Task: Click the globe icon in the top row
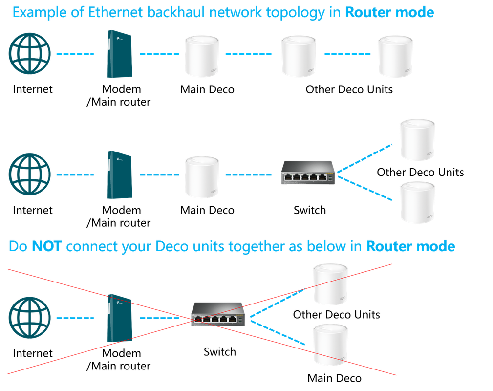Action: pyautogui.click(x=29, y=54)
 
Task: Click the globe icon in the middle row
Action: pyautogui.click(x=29, y=174)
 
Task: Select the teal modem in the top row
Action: pyautogui.click(x=120, y=54)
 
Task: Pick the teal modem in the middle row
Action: pyautogui.click(x=120, y=174)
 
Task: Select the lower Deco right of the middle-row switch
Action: pyautogui.click(x=417, y=202)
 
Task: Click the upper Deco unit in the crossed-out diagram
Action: pyautogui.click(x=330, y=284)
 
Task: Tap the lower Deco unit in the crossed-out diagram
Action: pyautogui.click(x=330, y=344)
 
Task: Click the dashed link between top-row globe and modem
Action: pyautogui.click(x=75, y=54)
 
